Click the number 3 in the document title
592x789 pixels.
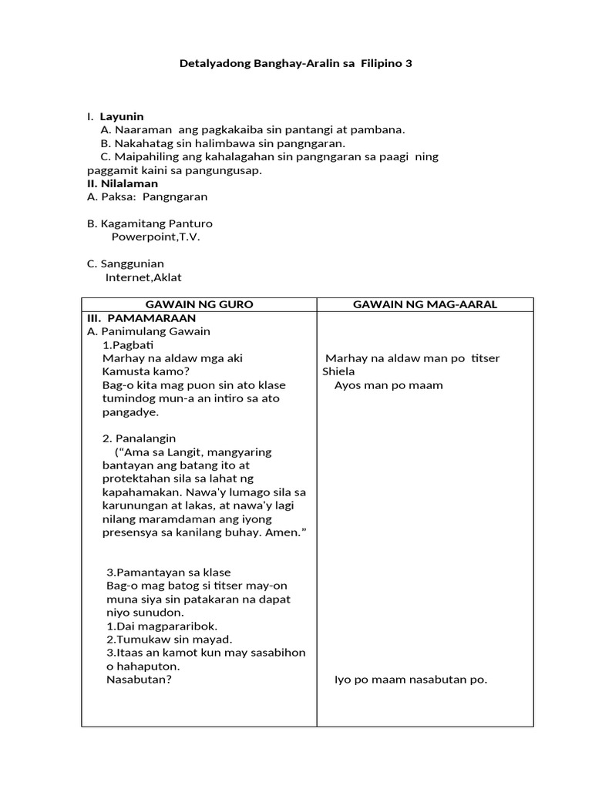click(x=409, y=64)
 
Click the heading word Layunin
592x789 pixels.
click(x=122, y=116)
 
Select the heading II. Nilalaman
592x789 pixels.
click(x=123, y=183)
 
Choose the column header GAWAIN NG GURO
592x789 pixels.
click(x=199, y=304)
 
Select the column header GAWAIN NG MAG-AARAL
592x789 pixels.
click(x=425, y=304)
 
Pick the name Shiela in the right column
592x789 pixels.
click(x=338, y=371)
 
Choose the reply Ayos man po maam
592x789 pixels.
click(x=388, y=385)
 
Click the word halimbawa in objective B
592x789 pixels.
click(x=214, y=143)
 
